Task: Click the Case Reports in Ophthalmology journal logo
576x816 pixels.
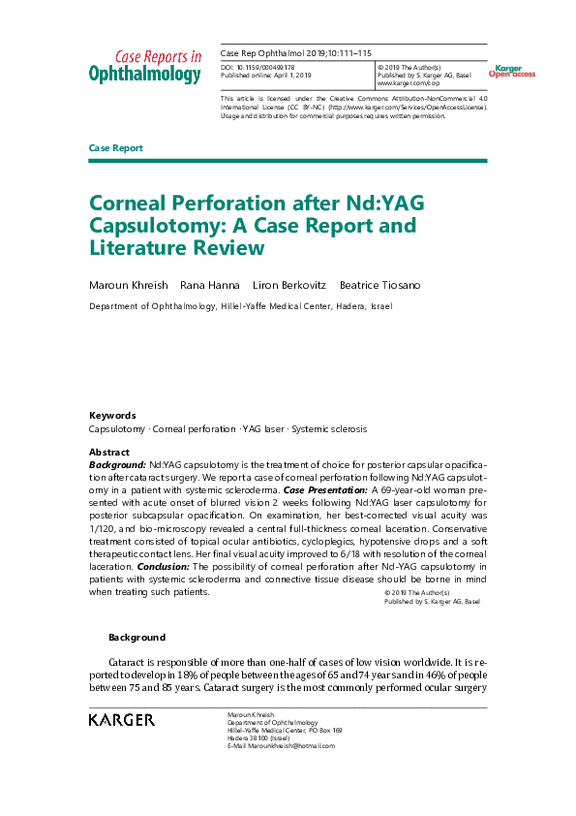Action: [x=145, y=65]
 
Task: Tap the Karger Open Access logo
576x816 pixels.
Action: [x=511, y=71]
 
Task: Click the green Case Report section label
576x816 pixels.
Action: [x=115, y=148]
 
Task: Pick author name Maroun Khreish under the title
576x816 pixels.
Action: [x=128, y=285]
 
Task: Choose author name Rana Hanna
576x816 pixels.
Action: [x=210, y=285]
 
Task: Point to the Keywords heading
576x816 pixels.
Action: [x=112, y=415]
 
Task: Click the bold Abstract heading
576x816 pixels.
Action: [x=108, y=453]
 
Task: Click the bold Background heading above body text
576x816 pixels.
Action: [x=136, y=638]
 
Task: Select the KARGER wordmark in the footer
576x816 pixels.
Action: [x=121, y=720]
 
